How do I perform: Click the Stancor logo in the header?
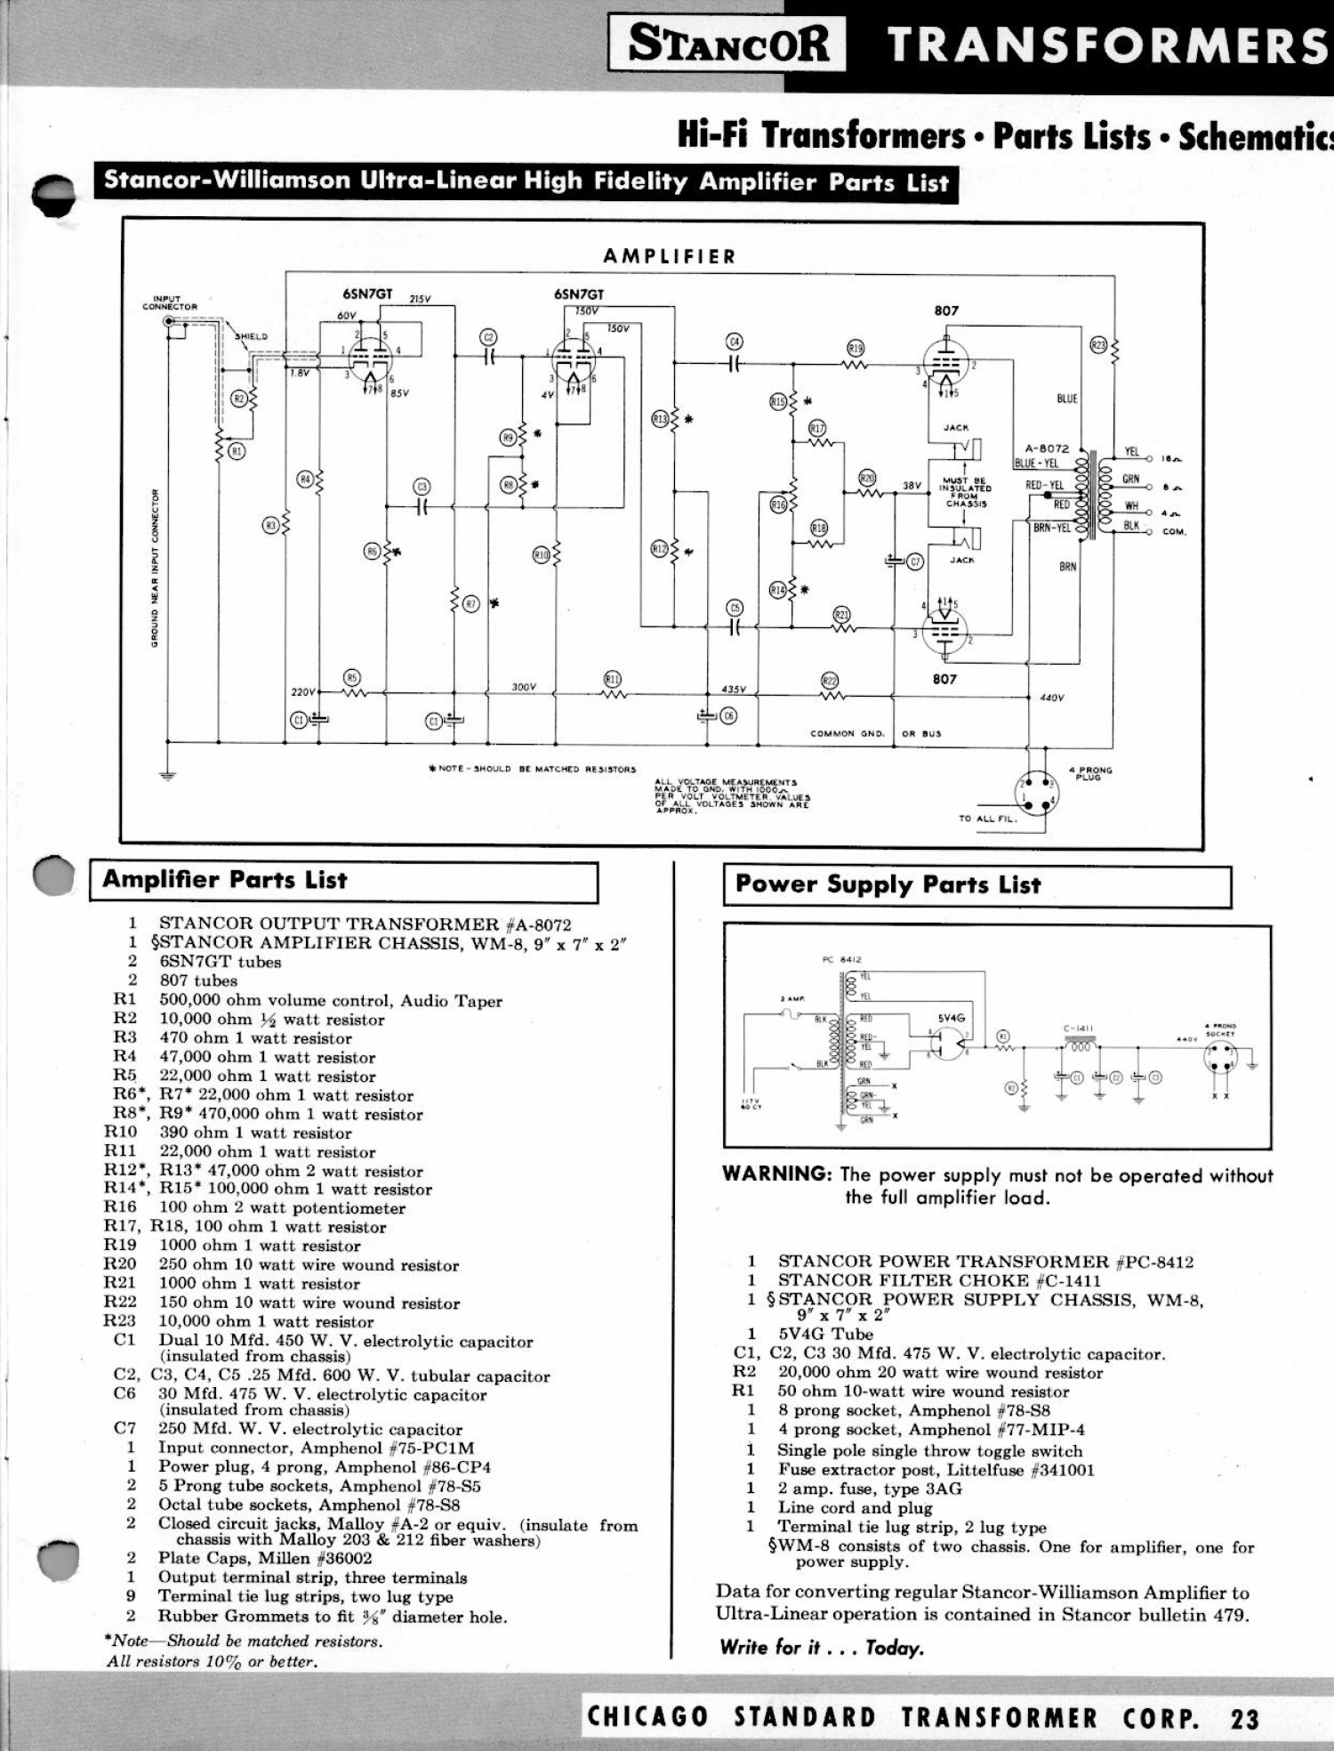[728, 44]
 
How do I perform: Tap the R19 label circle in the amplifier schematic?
[856, 349]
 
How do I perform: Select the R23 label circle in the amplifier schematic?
[1098, 345]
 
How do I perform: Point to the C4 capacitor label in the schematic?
[734, 343]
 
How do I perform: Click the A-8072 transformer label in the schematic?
[1047, 449]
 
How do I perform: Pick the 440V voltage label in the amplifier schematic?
[1051, 698]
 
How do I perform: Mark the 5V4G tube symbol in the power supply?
[950, 1044]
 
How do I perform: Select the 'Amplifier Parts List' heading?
[224, 880]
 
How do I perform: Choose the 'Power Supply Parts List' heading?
[888, 885]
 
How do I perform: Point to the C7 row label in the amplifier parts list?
[125, 1429]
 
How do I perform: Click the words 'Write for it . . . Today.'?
[822, 1648]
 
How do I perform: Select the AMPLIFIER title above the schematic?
[670, 257]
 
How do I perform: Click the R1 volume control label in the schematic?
[237, 451]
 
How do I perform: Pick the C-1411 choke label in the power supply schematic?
[1079, 1029]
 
